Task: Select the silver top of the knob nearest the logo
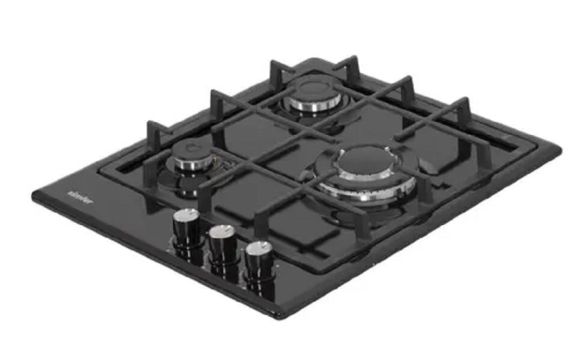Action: coord(185,217)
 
